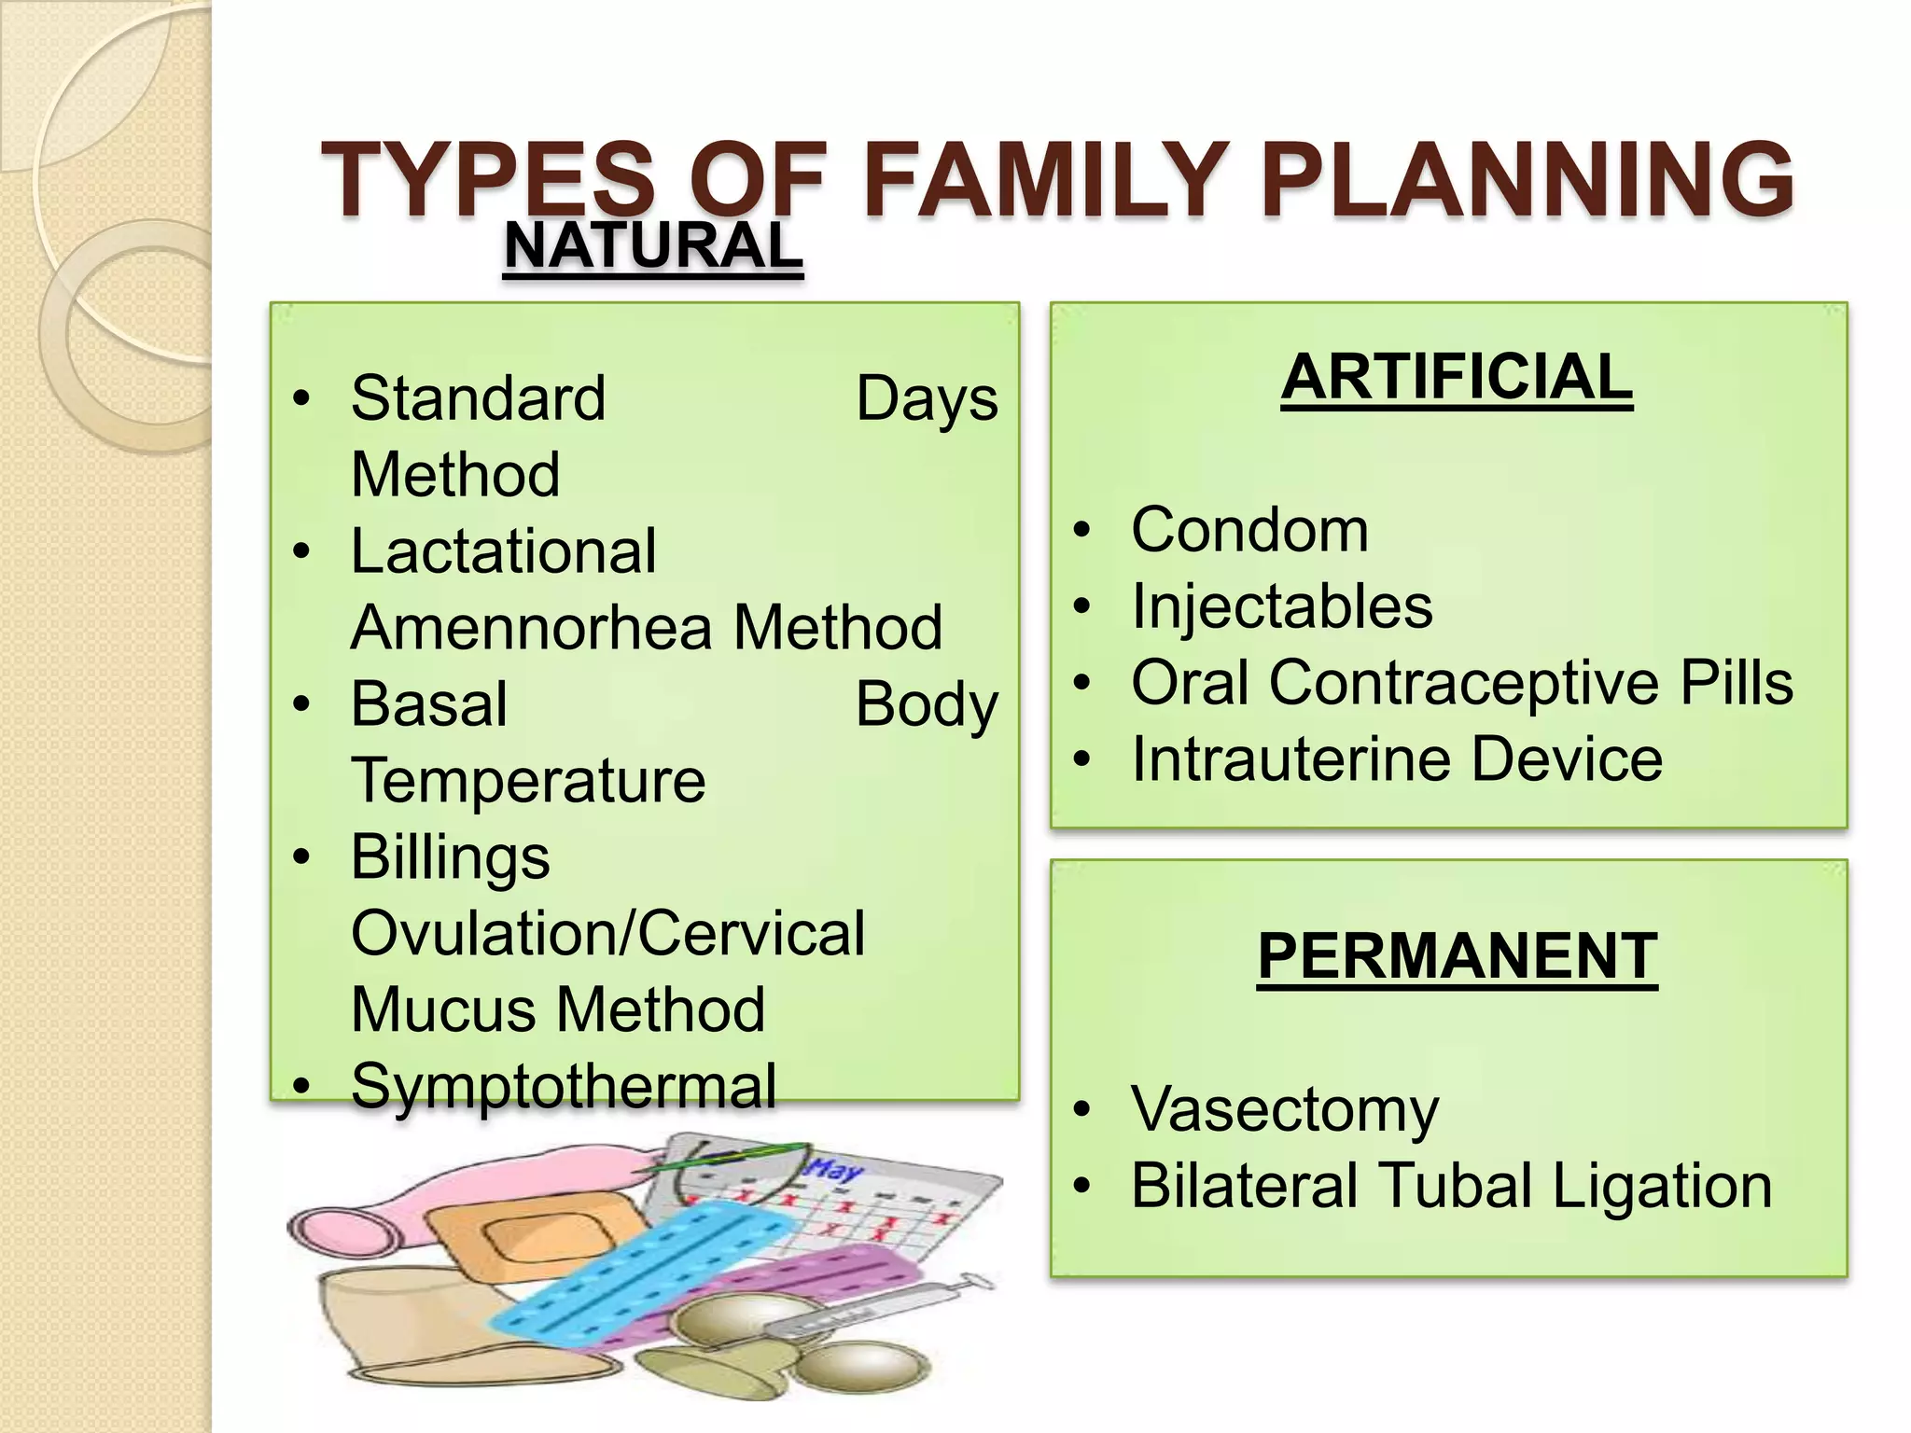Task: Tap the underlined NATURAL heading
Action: point(652,246)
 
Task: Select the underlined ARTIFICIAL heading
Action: point(1457,378)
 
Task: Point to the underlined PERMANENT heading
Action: point(1457,956)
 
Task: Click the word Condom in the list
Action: point(1249,531)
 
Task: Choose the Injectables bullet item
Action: point(1281,606)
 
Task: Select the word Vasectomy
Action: point(1284,1110)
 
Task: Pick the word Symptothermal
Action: point(564,1087)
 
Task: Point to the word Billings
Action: point(451,858)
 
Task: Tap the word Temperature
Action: point(528,781)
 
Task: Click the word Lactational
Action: point(504,551)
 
